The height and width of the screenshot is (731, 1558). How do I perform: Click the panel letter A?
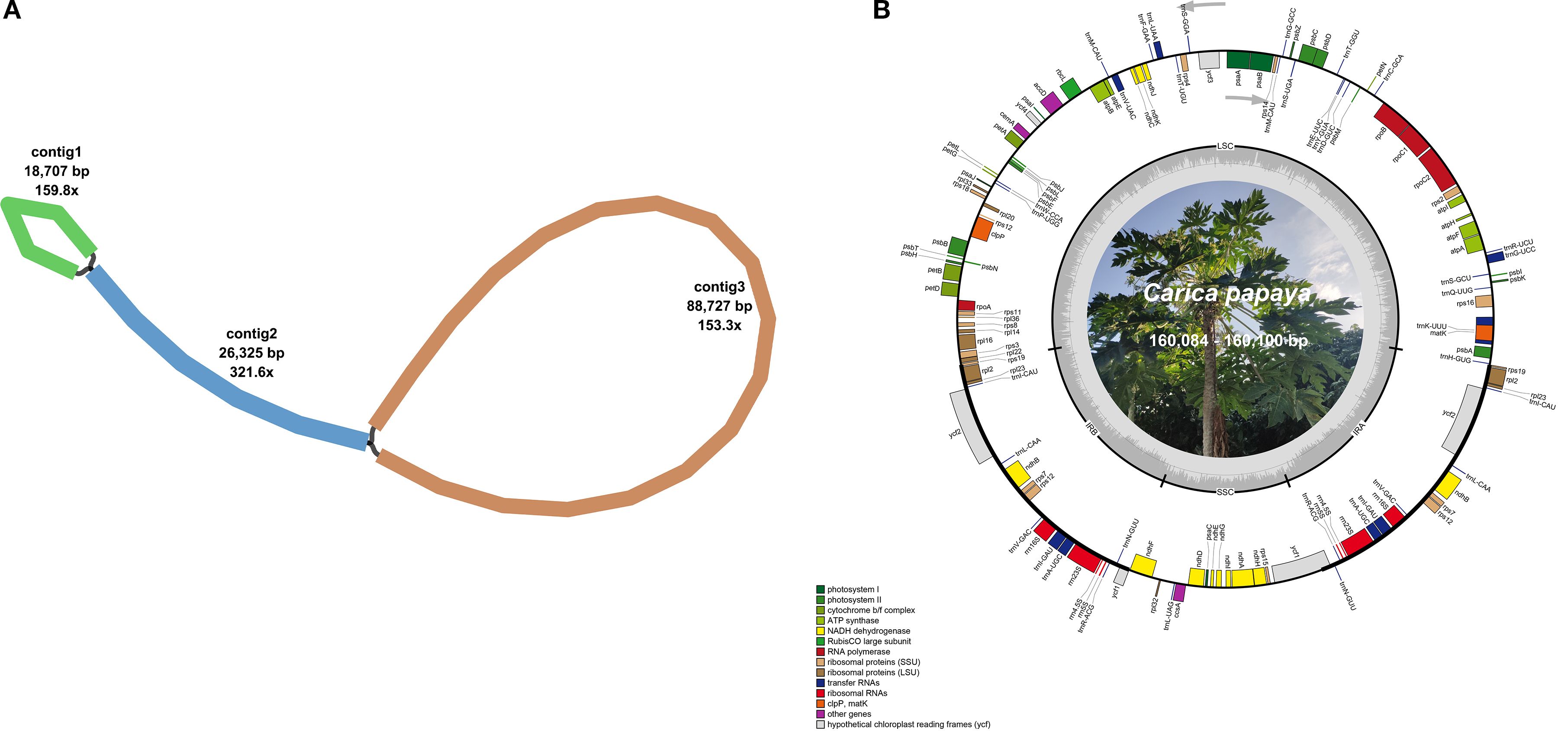tap(12, 10)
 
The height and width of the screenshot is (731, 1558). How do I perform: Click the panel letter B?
tap(881, 10)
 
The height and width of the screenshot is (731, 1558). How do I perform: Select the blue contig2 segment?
tap(212, 375)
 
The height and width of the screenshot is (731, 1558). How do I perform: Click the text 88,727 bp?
tap(719, 306)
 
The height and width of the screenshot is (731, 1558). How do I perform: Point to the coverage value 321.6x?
tap(251, 372)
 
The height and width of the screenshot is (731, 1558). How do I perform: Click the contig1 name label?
tap(56, 152)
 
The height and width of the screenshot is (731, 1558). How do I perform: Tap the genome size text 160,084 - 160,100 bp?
tap(1228, 341)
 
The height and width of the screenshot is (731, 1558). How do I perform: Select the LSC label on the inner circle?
tap(1225, 146)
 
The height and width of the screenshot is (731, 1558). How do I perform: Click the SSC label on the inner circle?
tap(1225, 492)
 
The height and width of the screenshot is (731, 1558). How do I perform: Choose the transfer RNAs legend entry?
tap(853, 682)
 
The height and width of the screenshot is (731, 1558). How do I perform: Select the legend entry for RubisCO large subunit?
tap(869, 641)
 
